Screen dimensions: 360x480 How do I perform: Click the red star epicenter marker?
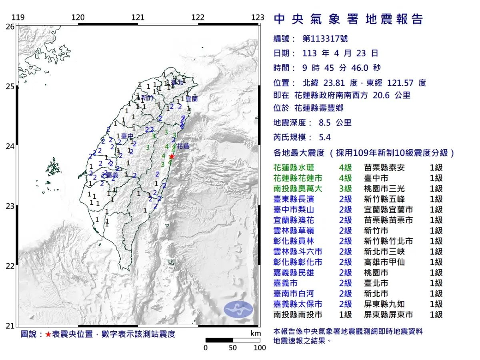tap(172, 156)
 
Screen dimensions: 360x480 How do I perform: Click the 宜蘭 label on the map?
tap(192, 98)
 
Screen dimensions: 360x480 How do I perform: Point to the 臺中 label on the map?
tap(127, 136)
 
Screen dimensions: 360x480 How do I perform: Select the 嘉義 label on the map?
tap(112, 175)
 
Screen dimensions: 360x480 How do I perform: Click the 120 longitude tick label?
tap(78, 18)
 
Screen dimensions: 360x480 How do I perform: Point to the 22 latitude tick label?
tap(10, 266)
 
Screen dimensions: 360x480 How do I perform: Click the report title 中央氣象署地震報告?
tap(348, 19)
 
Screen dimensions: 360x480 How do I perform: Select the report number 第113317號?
tap(325, 39)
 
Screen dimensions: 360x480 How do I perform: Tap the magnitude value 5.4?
tap(324, 137)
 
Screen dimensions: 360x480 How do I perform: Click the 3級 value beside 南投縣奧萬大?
tap(345, 188)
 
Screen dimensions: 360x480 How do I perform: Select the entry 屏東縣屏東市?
tap(388, 315)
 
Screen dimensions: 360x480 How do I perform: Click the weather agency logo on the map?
tap(238, 309)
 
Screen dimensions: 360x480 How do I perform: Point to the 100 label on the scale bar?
tap(260, 348)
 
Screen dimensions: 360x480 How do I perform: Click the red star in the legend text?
tap(48, 334)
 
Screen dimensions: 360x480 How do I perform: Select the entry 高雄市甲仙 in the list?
tap(383, 262)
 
